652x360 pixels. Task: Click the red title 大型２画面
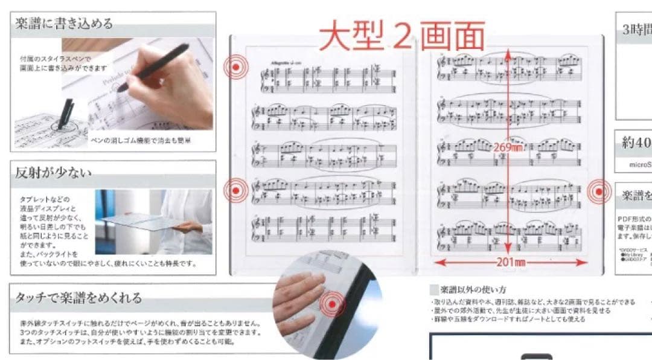tap(402, 36)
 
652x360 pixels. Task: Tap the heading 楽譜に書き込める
tap(64, 24)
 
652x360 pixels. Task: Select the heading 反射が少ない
tap(54, 173)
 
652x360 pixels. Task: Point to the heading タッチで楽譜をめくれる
tap(79, 297)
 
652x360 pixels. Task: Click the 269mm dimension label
tap(507, 147)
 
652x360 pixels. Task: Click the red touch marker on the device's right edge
tap(599, 191)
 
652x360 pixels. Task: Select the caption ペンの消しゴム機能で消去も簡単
tap(140, 140)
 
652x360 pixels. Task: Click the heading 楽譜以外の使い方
tap(473, 289)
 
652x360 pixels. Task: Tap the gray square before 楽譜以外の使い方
tap(433, 289)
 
